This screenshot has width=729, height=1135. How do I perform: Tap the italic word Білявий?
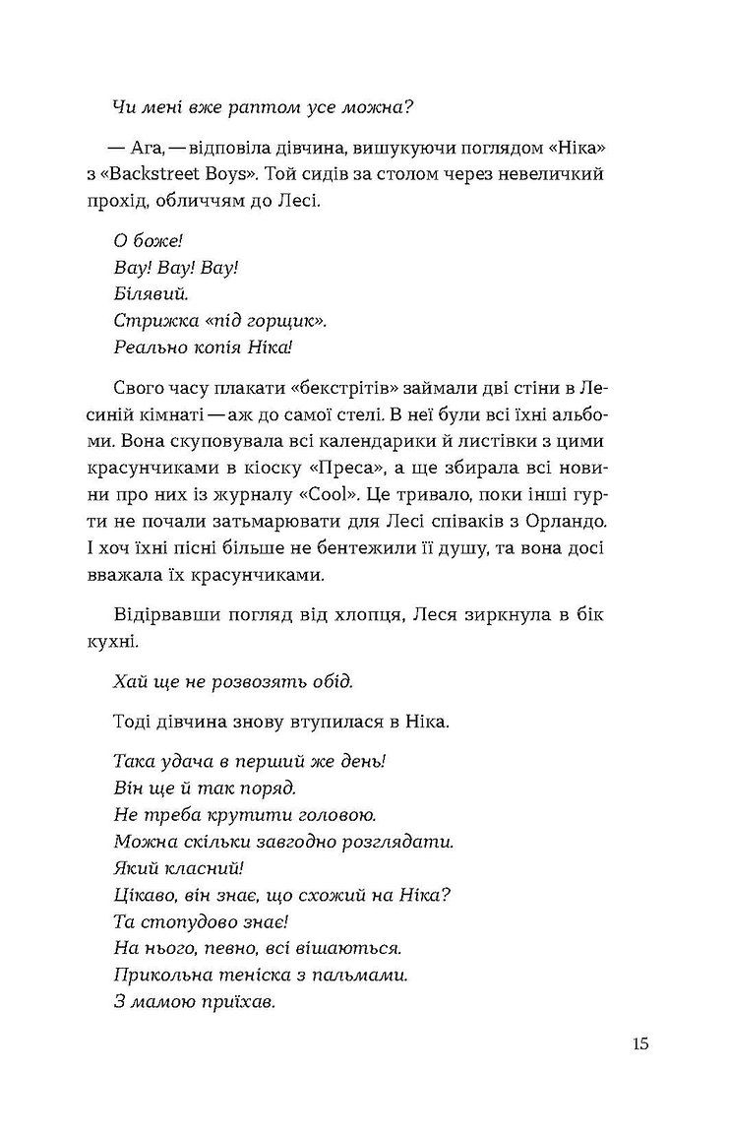[152, 294]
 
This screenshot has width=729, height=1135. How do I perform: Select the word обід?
[330, 681]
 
